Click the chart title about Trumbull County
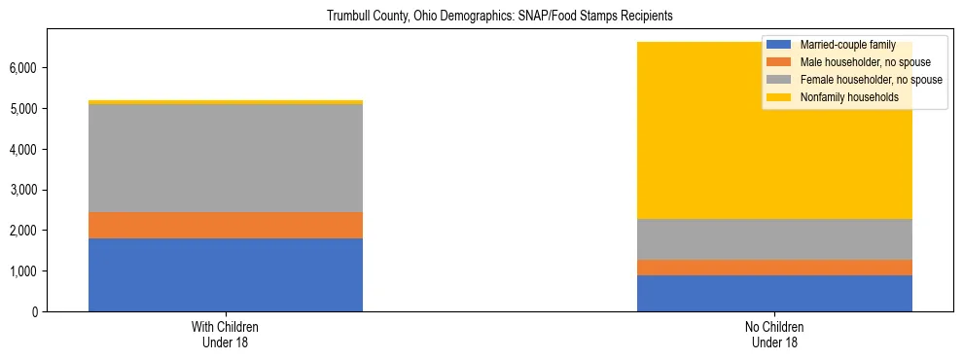[481, 17]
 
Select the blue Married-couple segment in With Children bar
[226, 274]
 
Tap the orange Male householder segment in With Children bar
[226, 225]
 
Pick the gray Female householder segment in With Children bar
[226, 158]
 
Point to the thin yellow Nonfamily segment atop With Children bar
[226, 101]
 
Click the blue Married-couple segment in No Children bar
[774, 293]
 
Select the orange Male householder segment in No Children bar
[774, 267]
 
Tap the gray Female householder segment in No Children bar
[774, 238]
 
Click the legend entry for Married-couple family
[845, 45]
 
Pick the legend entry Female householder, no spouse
[870, 80]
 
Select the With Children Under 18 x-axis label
[226, 334]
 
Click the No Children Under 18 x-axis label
[774, 334]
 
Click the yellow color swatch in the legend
[779, 97]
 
